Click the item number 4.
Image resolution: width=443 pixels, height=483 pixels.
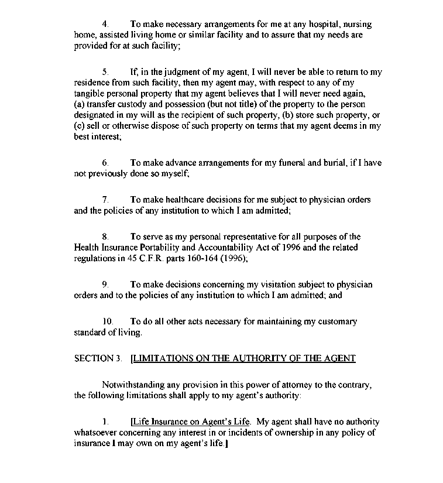[105, 25]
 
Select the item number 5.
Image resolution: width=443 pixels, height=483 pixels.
[105, 72]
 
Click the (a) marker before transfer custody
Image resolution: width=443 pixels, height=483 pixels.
[80, 104]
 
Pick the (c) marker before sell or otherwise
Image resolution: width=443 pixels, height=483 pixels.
[80, 125]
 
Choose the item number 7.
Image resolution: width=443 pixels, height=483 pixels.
[105, 200]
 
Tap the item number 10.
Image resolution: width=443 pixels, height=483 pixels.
[107, 321]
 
